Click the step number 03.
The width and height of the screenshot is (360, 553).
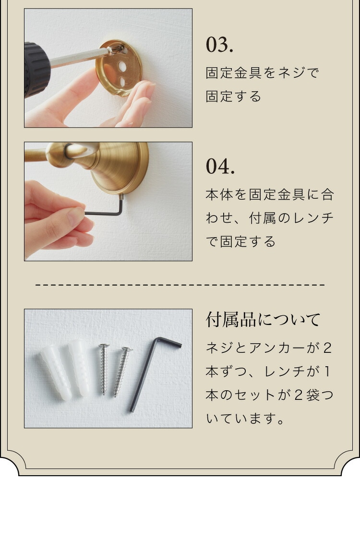pos(219,45)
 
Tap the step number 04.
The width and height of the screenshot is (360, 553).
pos(220,167)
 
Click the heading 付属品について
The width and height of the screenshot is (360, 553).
pos(263,320)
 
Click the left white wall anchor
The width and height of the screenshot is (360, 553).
pos(56,373)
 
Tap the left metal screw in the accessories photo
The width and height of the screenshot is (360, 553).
pos(104,369)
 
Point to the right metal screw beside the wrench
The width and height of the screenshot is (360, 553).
pos(122,372)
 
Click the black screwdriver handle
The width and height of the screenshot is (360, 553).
pos(36,70)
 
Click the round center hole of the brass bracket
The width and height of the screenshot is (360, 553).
pos(123,66)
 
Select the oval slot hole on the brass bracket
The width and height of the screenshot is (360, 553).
pos(122,82)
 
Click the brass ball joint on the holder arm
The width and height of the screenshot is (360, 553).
pos(58,155)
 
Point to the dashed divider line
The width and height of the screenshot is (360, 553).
pos(180,284)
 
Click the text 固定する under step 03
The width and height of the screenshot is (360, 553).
pos(233,96)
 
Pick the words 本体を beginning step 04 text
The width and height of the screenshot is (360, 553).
pos(226,194)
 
